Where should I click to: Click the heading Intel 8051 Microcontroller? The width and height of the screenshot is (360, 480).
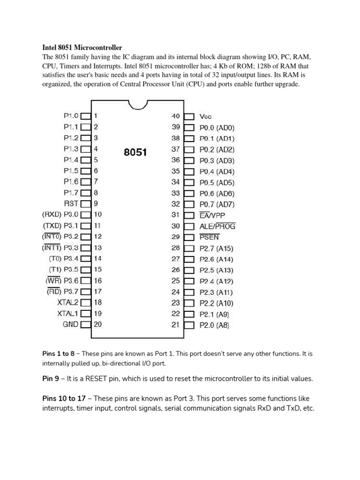[x=82, y=47]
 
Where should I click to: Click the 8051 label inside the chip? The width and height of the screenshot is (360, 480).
[x=135, y=152]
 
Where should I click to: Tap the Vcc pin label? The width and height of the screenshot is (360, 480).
[x=206, y=116]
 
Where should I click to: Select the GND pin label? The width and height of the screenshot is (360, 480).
[x=71, y=324]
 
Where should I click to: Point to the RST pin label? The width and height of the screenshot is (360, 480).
[x=71, y=204]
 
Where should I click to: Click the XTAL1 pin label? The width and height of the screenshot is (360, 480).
[x=67, y=313]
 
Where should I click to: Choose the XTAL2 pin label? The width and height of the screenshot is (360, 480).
[x=67, y=302]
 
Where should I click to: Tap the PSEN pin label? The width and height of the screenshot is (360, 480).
[x=209, y=237]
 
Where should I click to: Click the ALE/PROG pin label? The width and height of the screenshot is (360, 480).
[x=217, y=226]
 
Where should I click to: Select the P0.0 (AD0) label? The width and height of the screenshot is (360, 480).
[x=217, y=127]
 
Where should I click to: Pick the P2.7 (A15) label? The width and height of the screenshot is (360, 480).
[x=217, y=248]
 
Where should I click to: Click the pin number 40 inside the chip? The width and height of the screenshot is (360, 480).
[x=176, y=116]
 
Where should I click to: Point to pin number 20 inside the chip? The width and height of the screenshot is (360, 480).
[x=98, y=324]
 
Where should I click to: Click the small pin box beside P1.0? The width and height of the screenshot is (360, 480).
[x=86, y=116]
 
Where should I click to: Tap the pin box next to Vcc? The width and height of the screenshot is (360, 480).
[x=189, y=116]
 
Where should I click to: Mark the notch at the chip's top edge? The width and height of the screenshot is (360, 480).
[x=138, y=104]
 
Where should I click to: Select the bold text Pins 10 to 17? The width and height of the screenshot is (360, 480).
[x=64, y=398]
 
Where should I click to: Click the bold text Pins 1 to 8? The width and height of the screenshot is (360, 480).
[x=58, y=353]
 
